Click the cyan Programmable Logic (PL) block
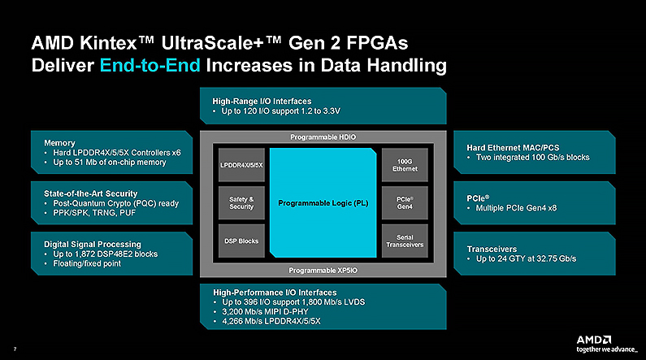323,203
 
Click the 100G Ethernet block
405,165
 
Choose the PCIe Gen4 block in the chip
405,203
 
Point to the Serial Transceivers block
405,241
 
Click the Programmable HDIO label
323,137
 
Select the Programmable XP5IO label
323,270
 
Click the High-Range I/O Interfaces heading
262,101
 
